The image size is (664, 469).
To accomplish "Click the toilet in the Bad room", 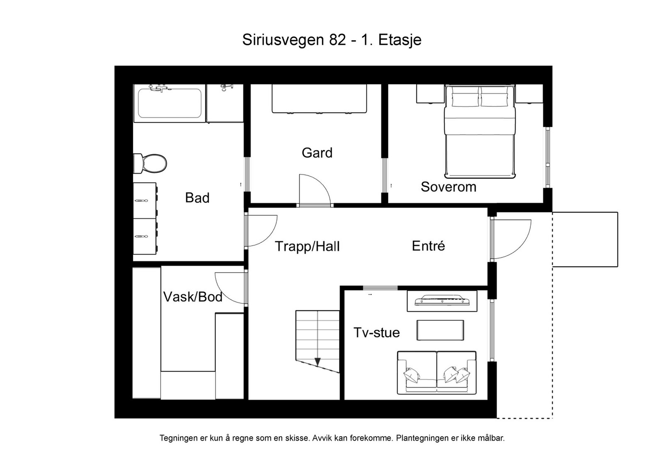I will click(x=150, y=163).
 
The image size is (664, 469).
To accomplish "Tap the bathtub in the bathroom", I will click(x=169, y=103).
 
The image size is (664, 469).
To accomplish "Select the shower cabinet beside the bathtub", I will click(x=225, y=104).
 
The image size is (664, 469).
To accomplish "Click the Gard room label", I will click(x=317, y=153).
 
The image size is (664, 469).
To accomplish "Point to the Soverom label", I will click(x=448, y=187).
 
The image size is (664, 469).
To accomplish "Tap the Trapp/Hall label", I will click(x=307, y=247).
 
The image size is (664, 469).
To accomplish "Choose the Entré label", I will click(x=428, y=246).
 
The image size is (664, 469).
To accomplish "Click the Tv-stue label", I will click(x=376, y=333).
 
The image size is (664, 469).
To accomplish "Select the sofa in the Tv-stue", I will click(x=437, y=372).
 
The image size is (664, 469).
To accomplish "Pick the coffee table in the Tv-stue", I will click(x=440, y=330).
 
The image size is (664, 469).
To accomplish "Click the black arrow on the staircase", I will click(x=317, y=362).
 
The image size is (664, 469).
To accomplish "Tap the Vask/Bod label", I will click(x=193, y=297).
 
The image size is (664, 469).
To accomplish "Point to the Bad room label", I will click(x=197, y=198).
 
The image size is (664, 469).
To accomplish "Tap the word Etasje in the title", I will click(x=400, y=40).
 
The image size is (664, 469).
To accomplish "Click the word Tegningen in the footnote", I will click(x=179, y=438).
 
